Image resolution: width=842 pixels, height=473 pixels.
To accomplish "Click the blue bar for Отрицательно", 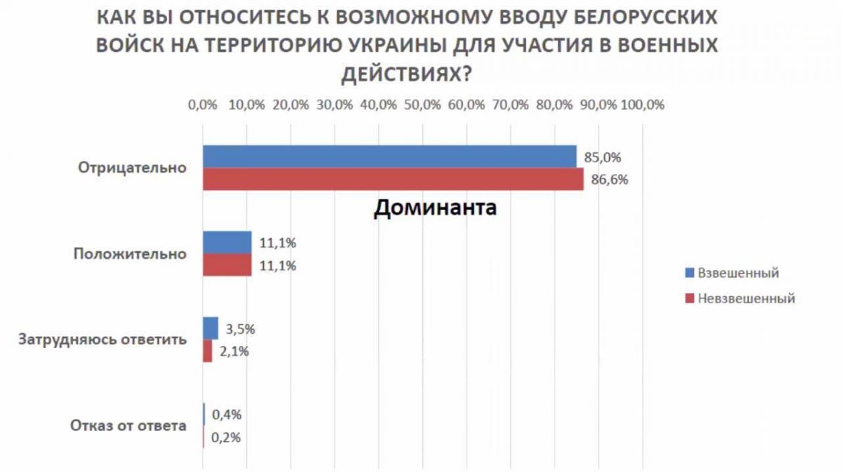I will (389, 157).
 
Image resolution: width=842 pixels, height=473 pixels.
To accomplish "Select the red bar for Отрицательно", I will (393, 179).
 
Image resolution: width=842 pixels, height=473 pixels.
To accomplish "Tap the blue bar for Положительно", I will (227, 243).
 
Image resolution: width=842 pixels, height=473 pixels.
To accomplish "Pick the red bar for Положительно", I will (227, 265).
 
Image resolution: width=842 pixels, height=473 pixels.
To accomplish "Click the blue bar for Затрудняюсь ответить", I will (210, 328).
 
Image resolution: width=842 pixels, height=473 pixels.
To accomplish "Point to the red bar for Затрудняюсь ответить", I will (208, 351).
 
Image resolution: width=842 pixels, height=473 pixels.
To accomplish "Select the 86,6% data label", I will (609, 180).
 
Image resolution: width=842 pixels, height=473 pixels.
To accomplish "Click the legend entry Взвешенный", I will (738, 272).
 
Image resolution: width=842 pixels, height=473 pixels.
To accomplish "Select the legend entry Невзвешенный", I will (746, 298).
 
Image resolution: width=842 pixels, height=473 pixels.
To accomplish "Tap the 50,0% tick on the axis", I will (422, 105).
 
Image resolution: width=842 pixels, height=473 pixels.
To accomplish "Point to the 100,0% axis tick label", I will (642, 105).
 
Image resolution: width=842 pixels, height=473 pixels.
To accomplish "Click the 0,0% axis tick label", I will (203, 105).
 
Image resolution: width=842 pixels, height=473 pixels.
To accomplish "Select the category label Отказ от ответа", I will (128, 425).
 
